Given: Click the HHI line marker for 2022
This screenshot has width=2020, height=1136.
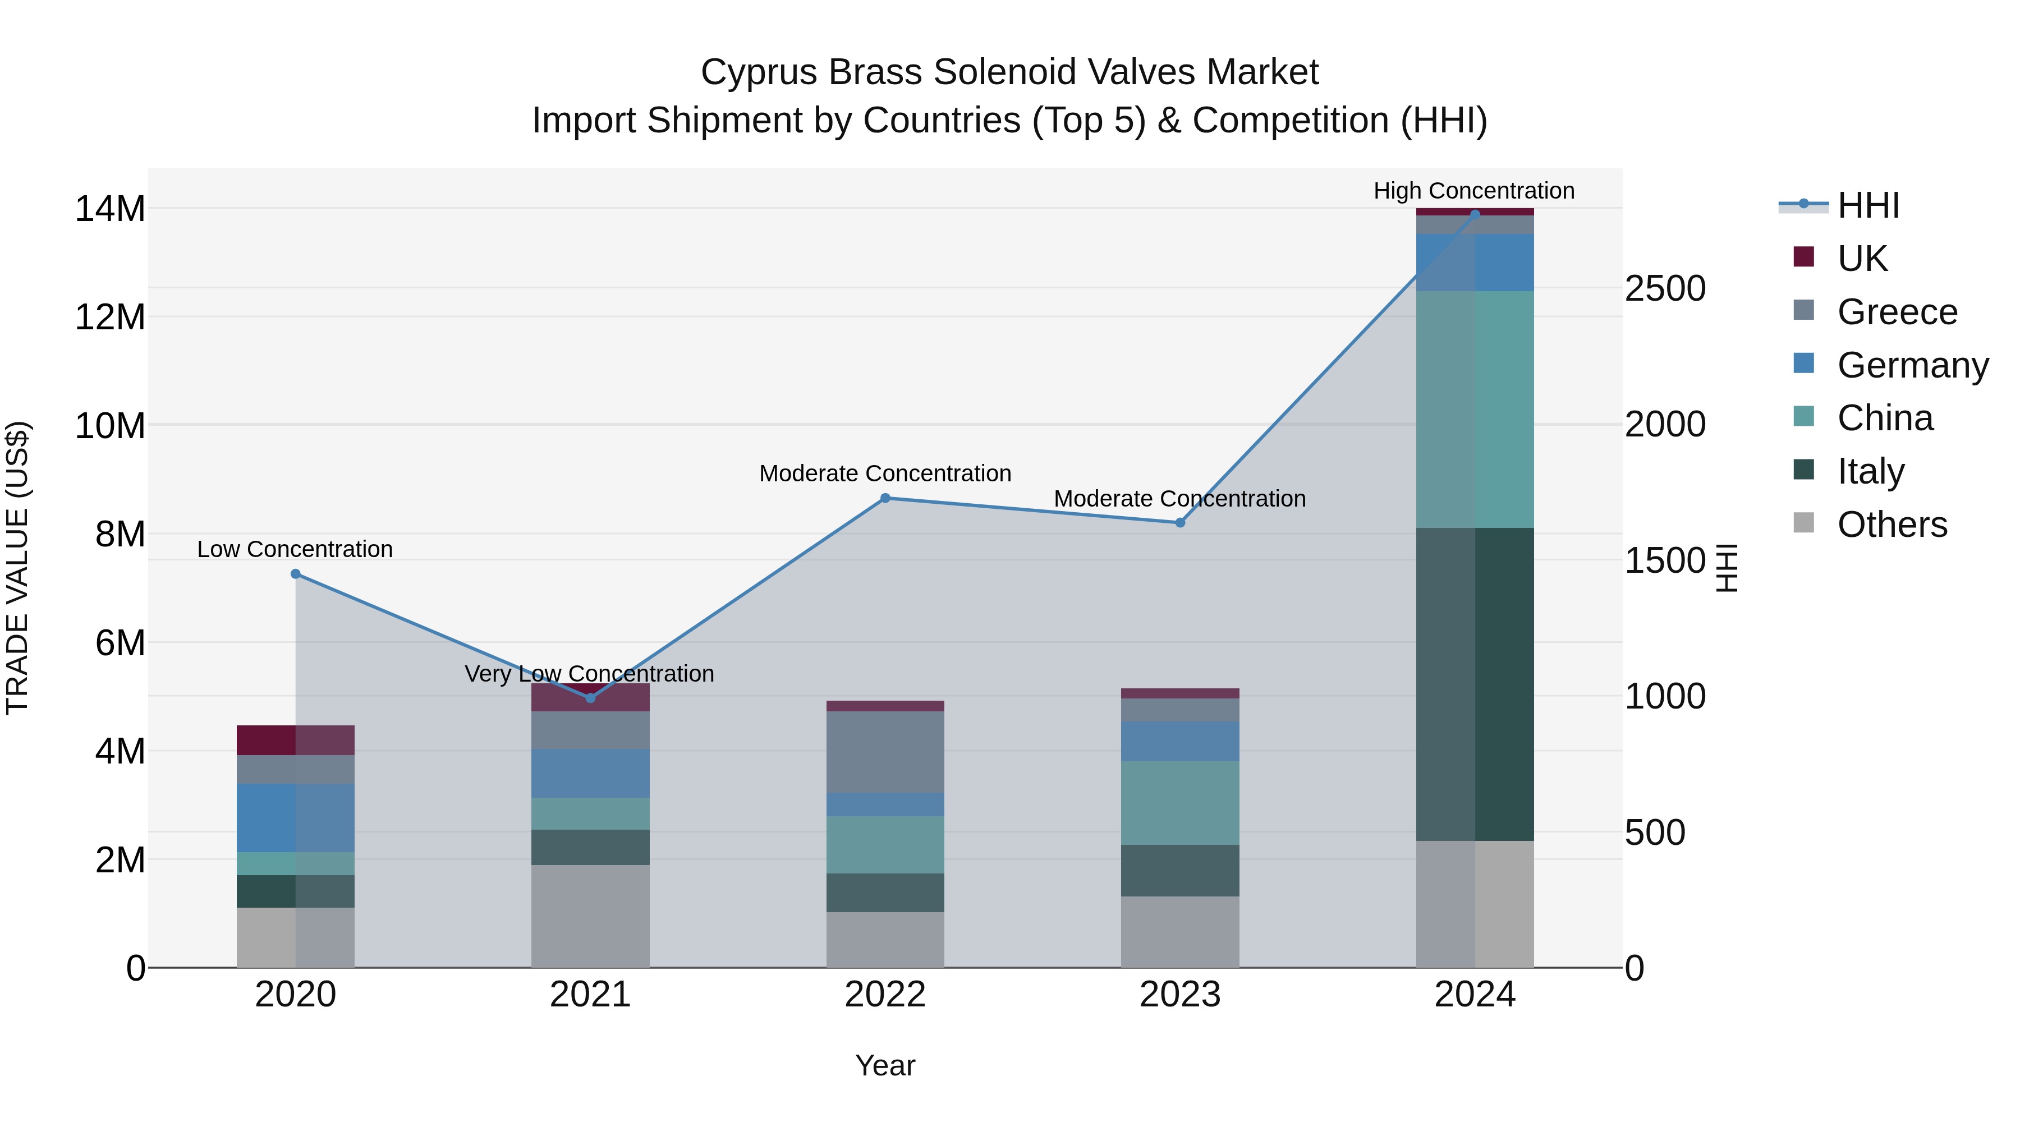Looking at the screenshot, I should coord(885,498).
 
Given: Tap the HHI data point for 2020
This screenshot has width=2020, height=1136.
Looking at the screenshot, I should coord(296,574).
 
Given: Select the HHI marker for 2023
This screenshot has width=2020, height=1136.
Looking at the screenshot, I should coord(1180,523).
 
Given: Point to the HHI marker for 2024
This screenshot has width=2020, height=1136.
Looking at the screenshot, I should coord(1475,214).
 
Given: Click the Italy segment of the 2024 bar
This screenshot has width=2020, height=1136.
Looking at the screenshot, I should coord(1475,684).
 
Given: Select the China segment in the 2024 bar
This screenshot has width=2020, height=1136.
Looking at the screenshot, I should coord(1475,410).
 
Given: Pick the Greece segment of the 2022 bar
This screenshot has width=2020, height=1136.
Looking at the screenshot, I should coord(885,752).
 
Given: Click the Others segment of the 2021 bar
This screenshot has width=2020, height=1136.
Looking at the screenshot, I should coord(590,916).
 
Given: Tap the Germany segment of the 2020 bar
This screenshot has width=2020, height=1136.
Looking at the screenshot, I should coord(296,818).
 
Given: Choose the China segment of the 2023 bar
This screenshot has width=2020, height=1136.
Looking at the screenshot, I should coord(1180,803).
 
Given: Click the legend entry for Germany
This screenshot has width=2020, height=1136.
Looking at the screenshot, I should coord(1912,365).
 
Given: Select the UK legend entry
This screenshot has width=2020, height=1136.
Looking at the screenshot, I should coord(1862,259).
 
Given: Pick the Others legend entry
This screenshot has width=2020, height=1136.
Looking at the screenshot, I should coord(1892,525).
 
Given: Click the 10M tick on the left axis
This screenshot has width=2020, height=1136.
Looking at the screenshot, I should coord(110,426).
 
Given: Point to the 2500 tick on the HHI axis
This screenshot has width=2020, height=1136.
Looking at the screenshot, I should coord(1665,288).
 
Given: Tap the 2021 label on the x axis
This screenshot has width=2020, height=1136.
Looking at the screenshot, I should coord(590,995).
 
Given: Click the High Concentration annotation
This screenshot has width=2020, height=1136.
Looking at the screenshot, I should coord(1474,191).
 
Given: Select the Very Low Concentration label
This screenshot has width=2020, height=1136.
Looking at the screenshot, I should coord(589,673).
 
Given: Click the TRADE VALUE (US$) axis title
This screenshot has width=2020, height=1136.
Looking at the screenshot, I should coord(17,568).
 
